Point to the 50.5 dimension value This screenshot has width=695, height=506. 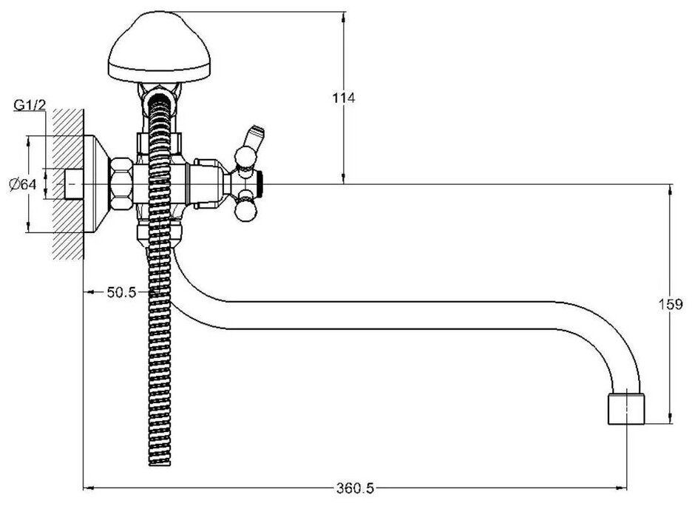point(122,292)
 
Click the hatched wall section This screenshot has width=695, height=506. point(65,185)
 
